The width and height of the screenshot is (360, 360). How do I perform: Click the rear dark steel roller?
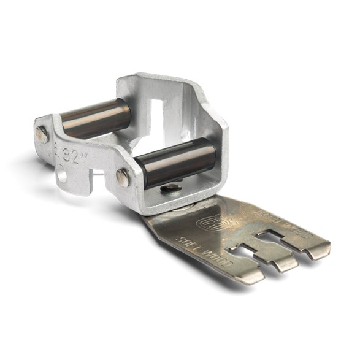(95, 118)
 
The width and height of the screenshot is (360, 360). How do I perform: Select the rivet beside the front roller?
(123, 177)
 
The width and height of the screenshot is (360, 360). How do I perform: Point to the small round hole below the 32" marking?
(63, 177)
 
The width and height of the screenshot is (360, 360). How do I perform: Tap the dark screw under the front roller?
(173, 188)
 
